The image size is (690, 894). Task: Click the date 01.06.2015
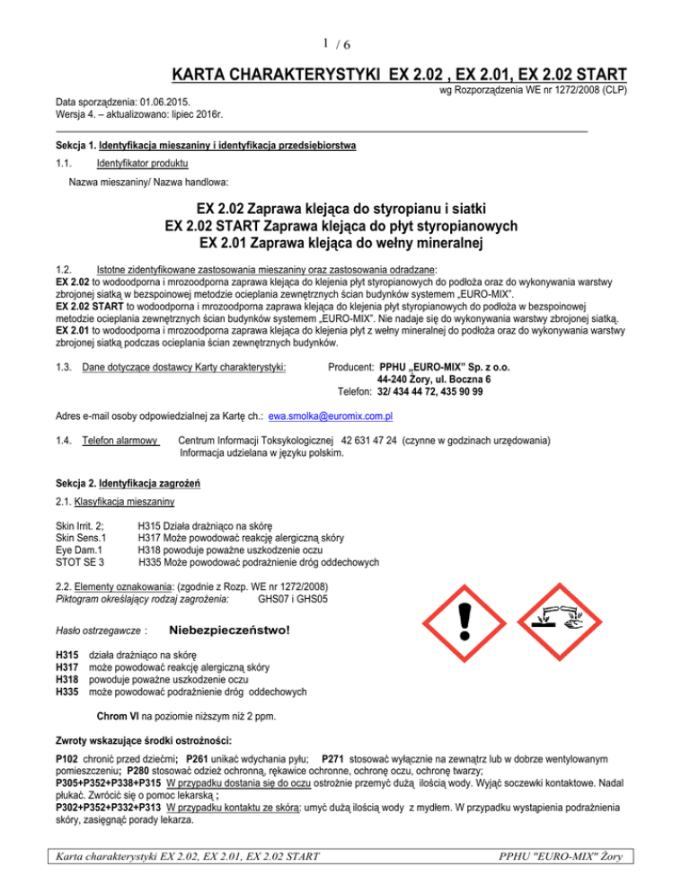click(x=170, y=103)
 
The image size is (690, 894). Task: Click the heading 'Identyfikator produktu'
click(x=137, y=164)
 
